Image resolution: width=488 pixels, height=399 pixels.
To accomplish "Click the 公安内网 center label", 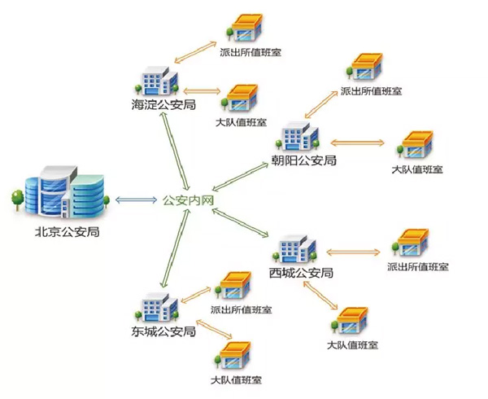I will [x=189, y=199].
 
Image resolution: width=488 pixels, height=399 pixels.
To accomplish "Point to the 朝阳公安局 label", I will [x=304, y=160].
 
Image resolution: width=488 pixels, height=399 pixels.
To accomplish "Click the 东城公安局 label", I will [x=163, y=331].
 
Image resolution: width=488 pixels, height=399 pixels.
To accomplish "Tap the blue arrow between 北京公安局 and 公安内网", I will [x=135, y=199].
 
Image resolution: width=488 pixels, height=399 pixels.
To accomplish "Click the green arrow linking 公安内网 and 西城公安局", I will [x=242, y=220].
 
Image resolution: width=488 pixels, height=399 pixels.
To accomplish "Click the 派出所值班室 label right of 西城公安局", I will [x=419, y=266].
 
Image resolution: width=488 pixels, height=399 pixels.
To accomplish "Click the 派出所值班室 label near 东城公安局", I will [x=241, y=310].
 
